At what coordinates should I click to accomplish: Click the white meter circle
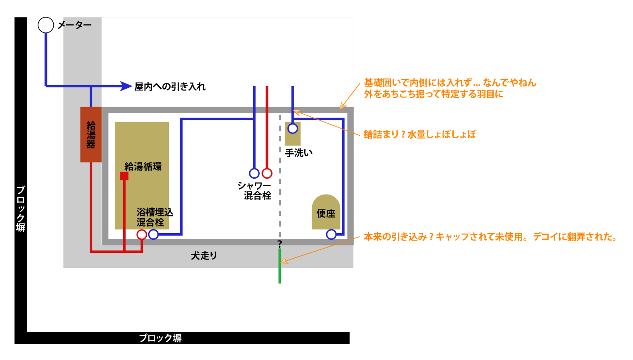(46, 25)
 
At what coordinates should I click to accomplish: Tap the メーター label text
(75, 25)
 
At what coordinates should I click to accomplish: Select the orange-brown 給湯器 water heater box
(91, 135)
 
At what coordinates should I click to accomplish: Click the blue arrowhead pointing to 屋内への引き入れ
(126, 86)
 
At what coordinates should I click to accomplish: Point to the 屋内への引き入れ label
(170, 86)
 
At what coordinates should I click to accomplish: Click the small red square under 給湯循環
(124, 176)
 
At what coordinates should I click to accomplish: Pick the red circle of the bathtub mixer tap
(142, 234)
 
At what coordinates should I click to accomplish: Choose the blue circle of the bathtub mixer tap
(153, 234)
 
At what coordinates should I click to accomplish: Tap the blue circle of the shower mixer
(255, 173)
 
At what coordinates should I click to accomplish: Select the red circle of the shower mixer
(267, 173)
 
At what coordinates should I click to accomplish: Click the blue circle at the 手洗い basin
(293, 128)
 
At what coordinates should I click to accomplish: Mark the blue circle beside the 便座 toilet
(331, 234)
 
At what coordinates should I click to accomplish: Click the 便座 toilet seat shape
(326, 212)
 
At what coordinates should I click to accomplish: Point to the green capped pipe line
(280, 266)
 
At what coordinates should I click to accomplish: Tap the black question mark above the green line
(280, 244)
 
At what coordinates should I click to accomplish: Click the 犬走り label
(204, 256)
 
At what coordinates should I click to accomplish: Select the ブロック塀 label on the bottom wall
(160, 338)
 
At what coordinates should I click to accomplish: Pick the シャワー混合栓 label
(255, 191)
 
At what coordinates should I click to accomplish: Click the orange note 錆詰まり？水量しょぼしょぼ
(420, 134)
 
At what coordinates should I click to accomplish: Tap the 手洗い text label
(299, 153)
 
